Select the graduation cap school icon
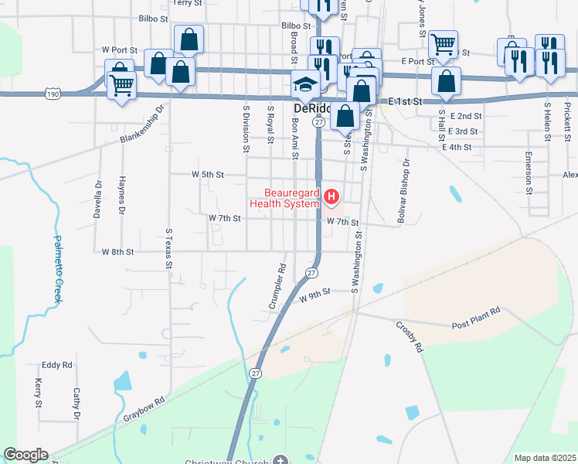[305, 84]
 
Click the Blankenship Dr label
[143, 125]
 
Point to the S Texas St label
[168, 248]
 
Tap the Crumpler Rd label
[277, 287]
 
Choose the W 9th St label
[314, 292]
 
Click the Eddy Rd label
[57, 364]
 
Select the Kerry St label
[38, 393]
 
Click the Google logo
[25, 455]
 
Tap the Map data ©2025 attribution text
[543, 458]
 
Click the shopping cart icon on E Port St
[443, 44]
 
